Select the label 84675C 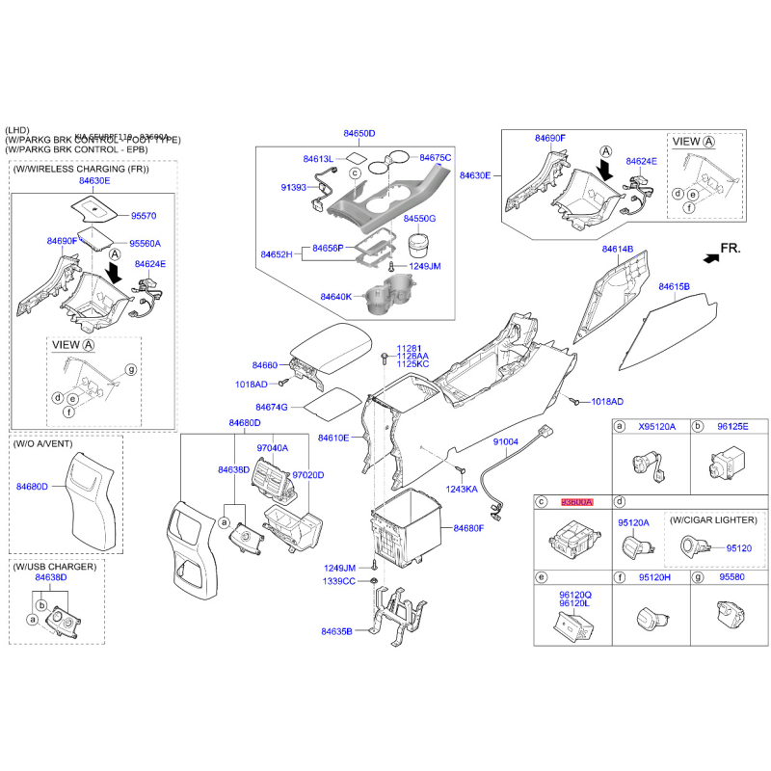tap(435, 157)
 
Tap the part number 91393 tap(293, 187)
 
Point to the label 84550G tap(419, 220)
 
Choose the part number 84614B tap(618, 249)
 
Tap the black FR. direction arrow tap(711, 257)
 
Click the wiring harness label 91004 tap(506, 441)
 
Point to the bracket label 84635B tap(336, 632)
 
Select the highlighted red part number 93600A tap(576, 503)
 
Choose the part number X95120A tap(658, 426)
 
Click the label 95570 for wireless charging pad tap(146, 217)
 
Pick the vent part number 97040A tap(273, 448)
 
